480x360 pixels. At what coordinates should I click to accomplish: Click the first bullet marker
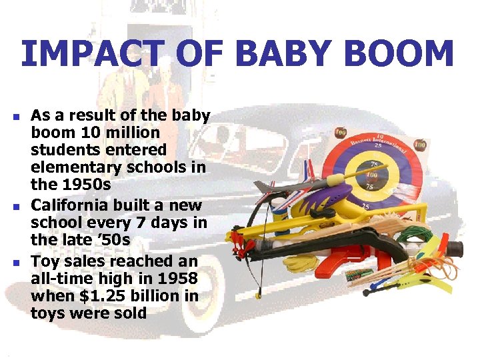pyautogui.click(x=16, y=117)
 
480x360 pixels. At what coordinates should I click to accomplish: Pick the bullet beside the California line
pyautogui.click(x=16, y=207)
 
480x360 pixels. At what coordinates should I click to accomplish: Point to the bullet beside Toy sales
pyautogui.click(x=16, y=262)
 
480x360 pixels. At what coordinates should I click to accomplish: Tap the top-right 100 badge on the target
pyautogui.click(x=421, y=144)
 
